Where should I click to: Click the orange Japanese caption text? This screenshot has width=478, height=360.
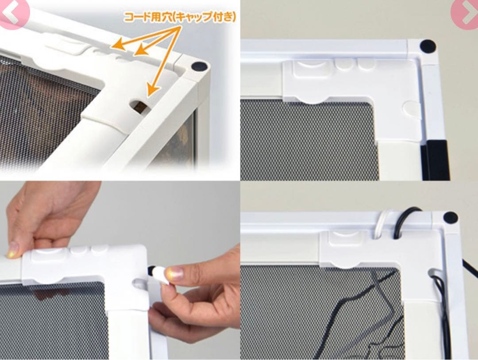coord(180,17)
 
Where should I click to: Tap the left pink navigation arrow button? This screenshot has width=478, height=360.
coord(12,13)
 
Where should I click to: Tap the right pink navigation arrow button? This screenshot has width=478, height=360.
coord(465,14)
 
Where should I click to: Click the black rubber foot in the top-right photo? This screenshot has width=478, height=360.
coord(428,46)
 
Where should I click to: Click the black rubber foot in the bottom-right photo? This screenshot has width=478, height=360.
coord(451,218)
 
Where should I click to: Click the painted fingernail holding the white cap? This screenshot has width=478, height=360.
coord(175,273)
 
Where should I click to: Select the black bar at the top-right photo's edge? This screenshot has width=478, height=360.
coord(436,160)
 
